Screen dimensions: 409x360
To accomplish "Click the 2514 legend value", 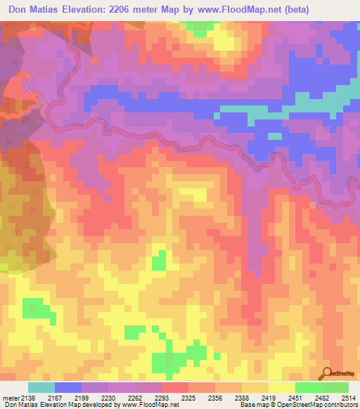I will pos(348,398).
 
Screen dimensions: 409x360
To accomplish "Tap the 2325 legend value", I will pos(189,398).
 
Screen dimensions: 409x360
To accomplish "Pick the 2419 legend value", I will pos(269,398).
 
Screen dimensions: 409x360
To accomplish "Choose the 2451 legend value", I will pos(295,398).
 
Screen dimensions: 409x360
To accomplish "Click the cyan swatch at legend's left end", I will pos(41,387).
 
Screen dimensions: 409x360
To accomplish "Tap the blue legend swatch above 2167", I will pos(68,387).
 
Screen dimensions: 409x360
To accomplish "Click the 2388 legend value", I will pos(242,398).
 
